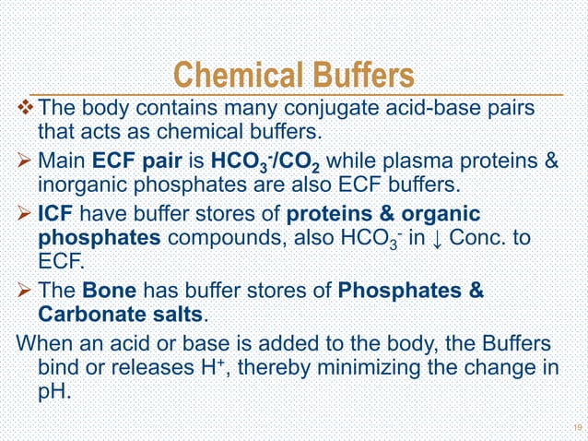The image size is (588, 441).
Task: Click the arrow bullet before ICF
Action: pyautogui.click(x=26, y=215)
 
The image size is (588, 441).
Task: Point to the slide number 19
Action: pyautogui.click(x=576, y=427)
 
